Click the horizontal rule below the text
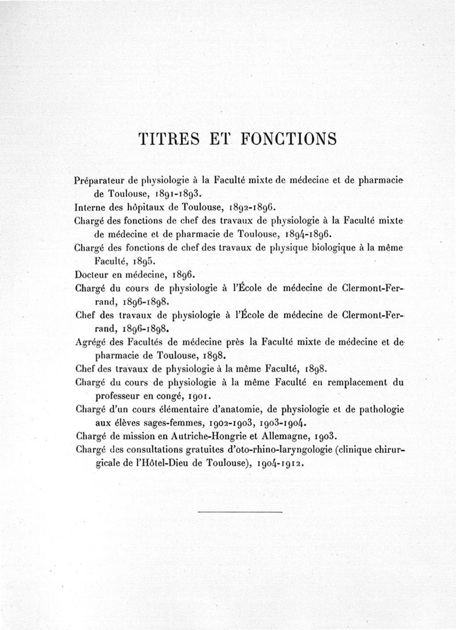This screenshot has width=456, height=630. point(240,512)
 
